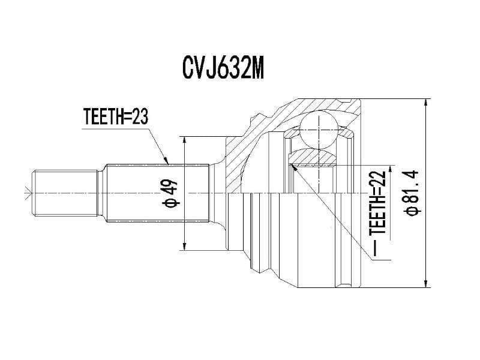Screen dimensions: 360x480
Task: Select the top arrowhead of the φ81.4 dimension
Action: pos(425,103)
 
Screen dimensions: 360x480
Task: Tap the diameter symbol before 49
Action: pos(172,203)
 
